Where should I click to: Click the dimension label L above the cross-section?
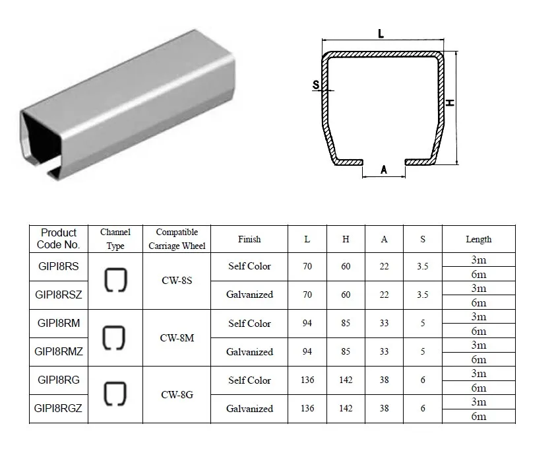381,34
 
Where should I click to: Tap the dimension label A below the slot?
384,170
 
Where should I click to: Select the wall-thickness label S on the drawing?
316,85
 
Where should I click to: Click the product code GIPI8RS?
59,266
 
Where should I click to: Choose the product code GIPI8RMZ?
59,351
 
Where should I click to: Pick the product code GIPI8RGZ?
59,408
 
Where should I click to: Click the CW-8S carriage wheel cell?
177,280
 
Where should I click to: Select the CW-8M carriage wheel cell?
177,337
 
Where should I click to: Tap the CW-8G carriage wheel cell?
177,394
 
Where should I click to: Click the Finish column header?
249,239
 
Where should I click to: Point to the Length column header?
478,239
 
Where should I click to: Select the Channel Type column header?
115,239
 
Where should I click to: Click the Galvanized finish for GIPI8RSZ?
249,295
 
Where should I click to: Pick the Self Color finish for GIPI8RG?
249,380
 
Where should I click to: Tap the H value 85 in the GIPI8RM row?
346,323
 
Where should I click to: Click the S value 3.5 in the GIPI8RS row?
423,266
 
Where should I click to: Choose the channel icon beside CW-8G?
115,394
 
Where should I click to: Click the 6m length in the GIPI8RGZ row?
478,416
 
